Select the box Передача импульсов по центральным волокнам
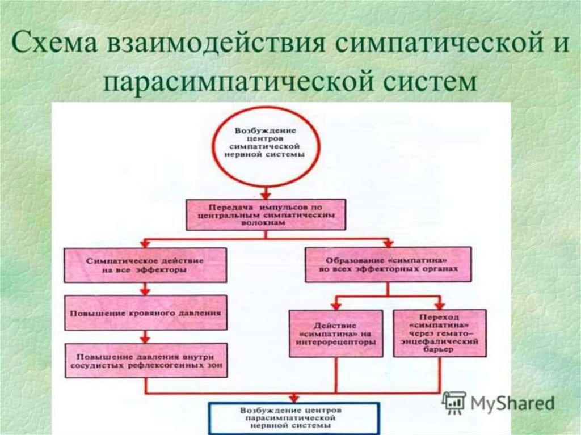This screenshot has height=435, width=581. click(x=266, y=214)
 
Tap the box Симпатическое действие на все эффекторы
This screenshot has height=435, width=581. click(x=146, y=265)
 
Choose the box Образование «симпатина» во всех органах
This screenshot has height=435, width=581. click(x=388, y=264)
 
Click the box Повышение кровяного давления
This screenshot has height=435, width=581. click(x=146, y=312)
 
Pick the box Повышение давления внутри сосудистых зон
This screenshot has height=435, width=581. click(x=146, y=361)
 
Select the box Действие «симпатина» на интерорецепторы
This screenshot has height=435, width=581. click(x=336, y=334)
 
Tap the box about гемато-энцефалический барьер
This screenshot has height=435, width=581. click(x=440, y=333)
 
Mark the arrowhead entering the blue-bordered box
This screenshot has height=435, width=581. click(x=293, y=398)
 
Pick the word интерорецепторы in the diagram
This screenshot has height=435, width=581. click(x=336, y=343)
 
